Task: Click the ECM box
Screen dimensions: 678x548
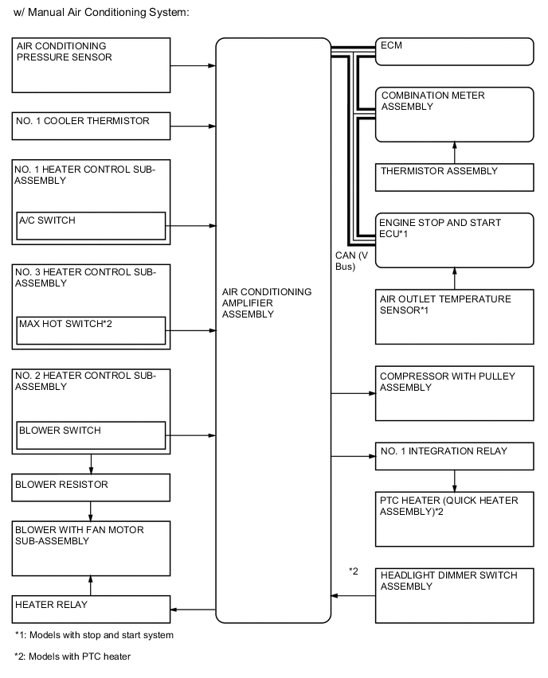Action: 454,52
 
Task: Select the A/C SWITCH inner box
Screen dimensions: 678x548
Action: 91,225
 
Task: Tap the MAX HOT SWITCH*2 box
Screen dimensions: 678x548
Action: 91,329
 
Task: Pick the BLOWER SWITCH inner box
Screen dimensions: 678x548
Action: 91,435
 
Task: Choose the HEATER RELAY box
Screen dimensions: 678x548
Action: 91,610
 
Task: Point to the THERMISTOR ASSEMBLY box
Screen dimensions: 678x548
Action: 454,177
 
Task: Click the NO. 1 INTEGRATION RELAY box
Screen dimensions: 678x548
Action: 454,456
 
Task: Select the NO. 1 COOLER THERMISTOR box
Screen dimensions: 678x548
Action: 91,125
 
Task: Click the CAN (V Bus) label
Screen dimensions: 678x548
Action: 351,260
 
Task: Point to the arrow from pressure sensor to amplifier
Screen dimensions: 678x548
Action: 194,66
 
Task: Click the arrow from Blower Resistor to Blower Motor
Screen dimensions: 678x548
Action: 92,509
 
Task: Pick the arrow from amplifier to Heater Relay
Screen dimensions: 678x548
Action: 194,610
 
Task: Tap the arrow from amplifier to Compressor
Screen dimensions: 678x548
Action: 352,393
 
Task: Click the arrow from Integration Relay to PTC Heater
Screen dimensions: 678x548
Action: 455,481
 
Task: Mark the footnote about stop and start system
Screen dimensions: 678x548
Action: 94,635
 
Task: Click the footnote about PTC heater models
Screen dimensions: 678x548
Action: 72,657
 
